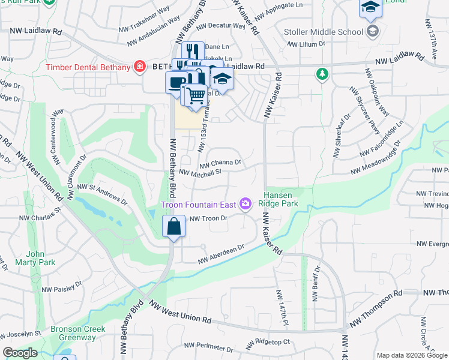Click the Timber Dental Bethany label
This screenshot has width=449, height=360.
[x=88, y=67]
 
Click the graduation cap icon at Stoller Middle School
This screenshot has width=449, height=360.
[x=373, y=31]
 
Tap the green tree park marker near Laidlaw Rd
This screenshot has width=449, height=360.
[x=322, y=74]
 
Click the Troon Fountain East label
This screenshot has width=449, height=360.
[x=199, y=205]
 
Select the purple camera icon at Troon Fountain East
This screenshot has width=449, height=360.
[x=245, y=205]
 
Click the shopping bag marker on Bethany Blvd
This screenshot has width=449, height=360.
[x=173, y=227]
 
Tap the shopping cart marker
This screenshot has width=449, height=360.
[x=195, y=94]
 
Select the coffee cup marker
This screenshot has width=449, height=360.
[x=176, y=82]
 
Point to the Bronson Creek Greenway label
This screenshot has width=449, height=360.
[x=77, y=333]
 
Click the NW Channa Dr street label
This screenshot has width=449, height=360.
[x=220, y=163]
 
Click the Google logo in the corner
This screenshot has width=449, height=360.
[x=20, y=353]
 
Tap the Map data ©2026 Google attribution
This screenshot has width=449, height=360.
[x=411, y=355]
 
